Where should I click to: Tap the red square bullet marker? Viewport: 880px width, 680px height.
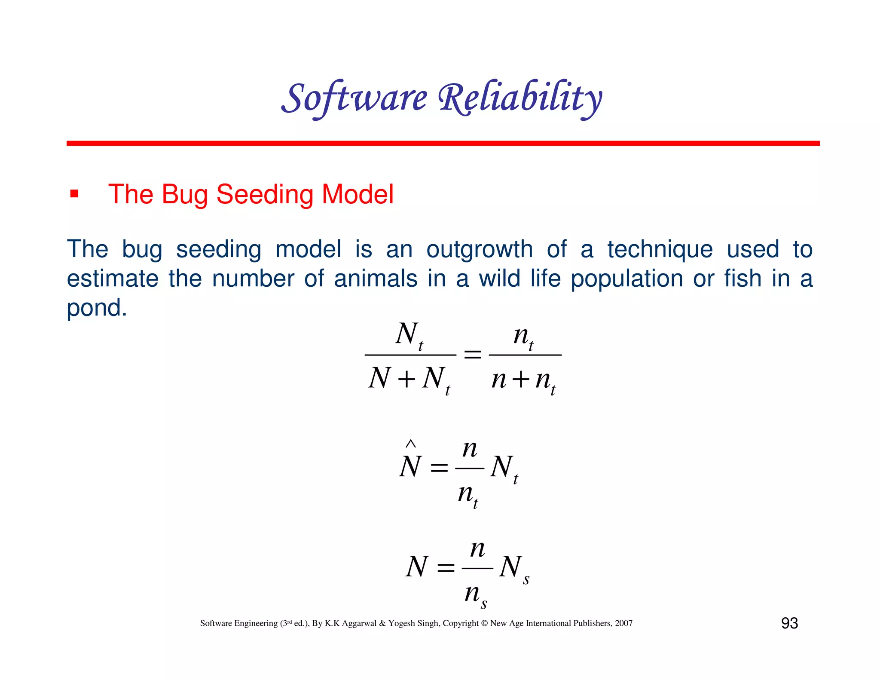coord(74,194)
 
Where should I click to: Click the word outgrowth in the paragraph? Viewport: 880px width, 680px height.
coord(479,249)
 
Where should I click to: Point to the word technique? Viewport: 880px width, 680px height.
coord(660,249)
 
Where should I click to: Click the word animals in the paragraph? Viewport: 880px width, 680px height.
coord(376,279)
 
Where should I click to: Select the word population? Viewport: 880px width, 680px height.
coord(627,279)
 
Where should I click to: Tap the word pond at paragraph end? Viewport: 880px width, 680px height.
coord(97,308)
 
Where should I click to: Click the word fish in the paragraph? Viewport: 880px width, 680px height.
coord(743,279)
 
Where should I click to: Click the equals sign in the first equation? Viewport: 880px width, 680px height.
coord(473,355)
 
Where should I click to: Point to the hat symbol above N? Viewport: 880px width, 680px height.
coord(411,444)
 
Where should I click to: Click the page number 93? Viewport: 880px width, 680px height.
coord(789,623)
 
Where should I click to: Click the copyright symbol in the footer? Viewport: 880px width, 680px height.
coord(484,623)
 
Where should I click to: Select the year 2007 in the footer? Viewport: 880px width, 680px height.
coord(623,623)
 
